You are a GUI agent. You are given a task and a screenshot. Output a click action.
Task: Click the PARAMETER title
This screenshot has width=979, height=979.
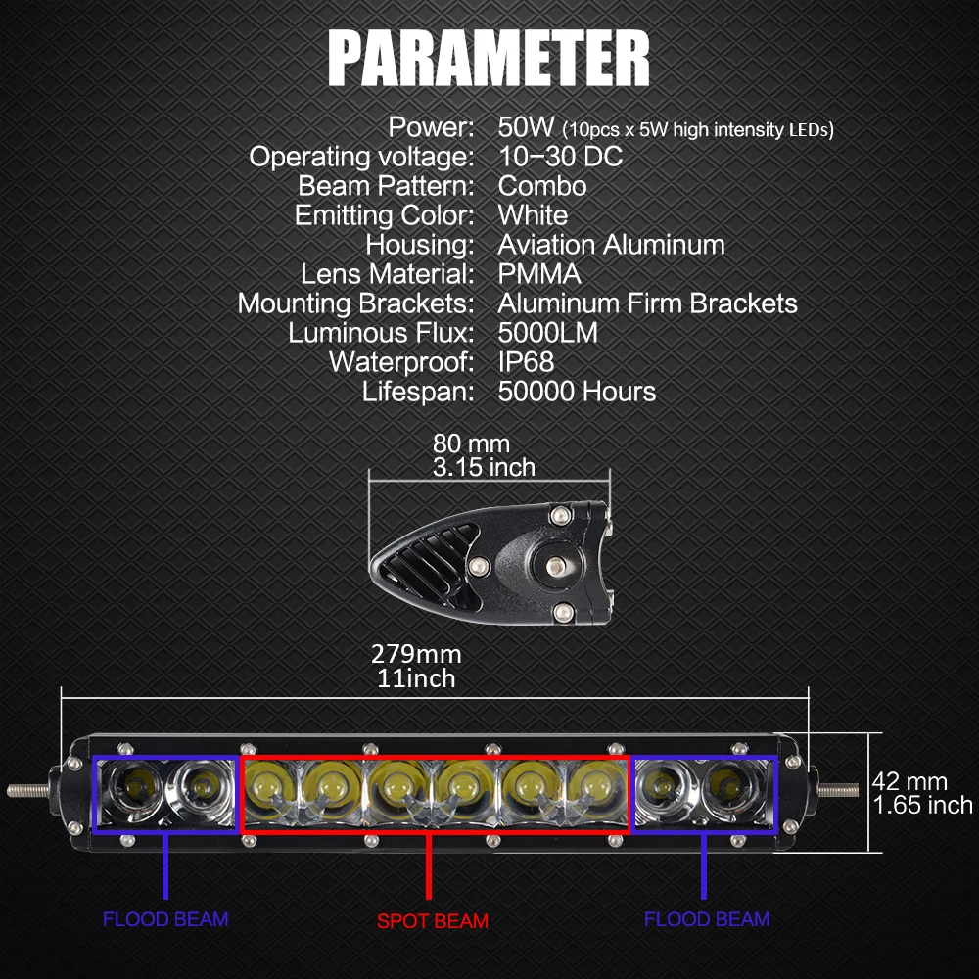pos(489,58)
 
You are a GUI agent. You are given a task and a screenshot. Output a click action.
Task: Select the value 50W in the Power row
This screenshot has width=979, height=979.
pos(526,126)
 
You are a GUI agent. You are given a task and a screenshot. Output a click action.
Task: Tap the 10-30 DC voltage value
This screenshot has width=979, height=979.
pos(560,156)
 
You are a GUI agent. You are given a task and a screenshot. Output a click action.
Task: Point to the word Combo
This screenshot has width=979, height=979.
pos(542,186)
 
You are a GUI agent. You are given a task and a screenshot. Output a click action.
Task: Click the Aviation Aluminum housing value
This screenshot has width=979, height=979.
pos(611,245)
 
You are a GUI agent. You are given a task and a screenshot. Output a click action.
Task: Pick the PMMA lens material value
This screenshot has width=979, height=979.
pos(539,274)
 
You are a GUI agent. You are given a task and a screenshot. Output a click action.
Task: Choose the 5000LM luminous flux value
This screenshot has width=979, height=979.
pos(547,333)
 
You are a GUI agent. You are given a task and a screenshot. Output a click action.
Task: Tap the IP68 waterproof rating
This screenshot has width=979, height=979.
pos(526,362)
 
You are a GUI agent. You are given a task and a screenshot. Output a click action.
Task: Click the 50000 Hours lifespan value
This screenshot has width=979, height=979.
pos(577,392)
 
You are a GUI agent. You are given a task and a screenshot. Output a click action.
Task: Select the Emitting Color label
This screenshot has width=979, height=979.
pos(385,216)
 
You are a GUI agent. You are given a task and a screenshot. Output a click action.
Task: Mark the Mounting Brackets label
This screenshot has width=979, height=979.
pos(356,304)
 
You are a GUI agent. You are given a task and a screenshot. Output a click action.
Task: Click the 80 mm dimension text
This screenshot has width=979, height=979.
pos(472,443)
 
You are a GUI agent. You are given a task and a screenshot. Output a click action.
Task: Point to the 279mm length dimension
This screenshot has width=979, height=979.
pos(416,654)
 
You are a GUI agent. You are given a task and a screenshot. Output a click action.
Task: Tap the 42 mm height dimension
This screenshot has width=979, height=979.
pos(909,781)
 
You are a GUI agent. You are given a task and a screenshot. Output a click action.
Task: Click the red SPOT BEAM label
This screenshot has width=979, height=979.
pos(433,921)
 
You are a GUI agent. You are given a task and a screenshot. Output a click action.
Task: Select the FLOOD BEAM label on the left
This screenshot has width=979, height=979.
pos(165,919)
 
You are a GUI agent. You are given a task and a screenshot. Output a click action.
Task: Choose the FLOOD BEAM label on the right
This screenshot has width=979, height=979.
pos(707,919)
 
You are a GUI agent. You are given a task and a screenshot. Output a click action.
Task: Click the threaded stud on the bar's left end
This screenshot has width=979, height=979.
pos(28,790)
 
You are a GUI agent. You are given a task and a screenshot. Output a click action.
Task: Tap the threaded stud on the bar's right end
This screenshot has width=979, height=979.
pos(838,790)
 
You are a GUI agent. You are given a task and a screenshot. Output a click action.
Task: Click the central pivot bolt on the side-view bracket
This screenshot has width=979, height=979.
pos(556,567)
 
